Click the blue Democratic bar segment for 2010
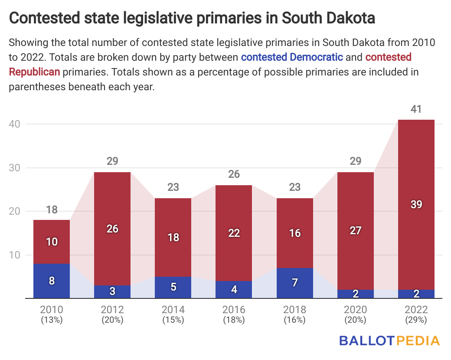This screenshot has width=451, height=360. click(52, 281)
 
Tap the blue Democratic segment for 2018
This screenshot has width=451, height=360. click(294, 283)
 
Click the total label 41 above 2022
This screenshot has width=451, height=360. click(416, 109)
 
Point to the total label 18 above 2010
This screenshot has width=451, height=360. click(52, 210)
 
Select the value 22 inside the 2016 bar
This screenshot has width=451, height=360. click(234, 233)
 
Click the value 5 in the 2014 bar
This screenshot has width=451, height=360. click(173, 287)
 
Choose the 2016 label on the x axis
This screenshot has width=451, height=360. click(234, 310)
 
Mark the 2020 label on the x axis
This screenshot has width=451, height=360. click(355, 310)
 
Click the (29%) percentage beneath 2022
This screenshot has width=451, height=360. click(416, 320)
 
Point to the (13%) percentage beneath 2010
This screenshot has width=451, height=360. click(52, 320)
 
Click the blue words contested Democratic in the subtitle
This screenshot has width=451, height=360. click(292, 57)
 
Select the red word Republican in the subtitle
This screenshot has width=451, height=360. click(34, 72)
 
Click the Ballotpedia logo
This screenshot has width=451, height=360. click(389, 340)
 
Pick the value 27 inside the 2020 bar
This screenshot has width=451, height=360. click(355, 230)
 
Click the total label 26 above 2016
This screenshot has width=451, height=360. click(234, 174)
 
